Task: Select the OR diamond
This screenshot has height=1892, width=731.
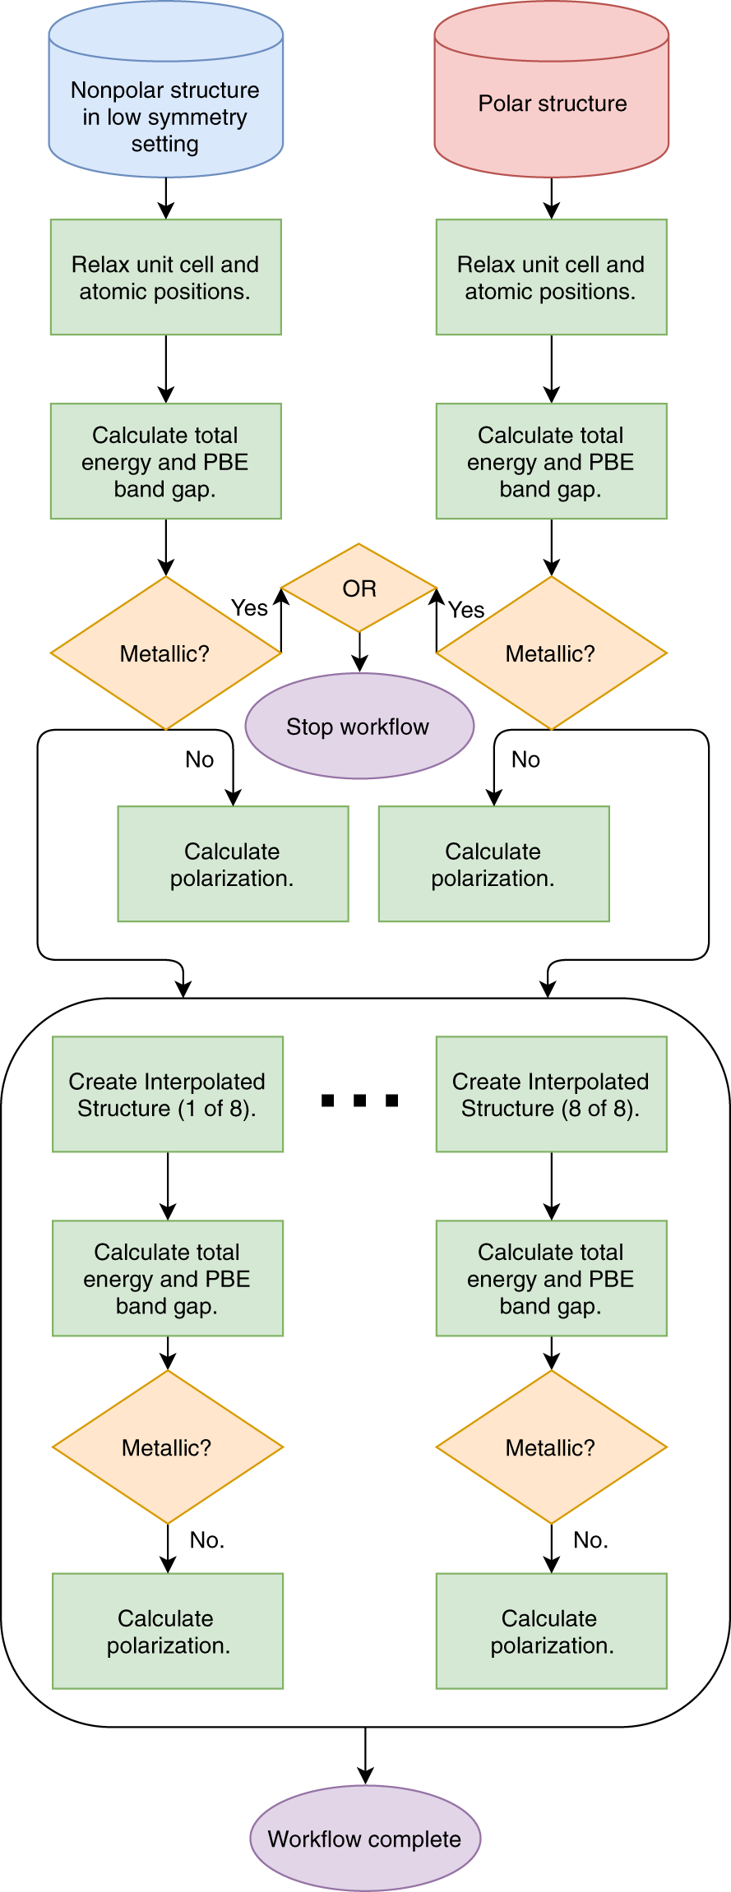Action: click(x=359, y=588)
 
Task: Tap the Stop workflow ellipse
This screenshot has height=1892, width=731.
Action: click(x=359, y=727)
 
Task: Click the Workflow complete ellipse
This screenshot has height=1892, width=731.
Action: click(x=365, y=1839)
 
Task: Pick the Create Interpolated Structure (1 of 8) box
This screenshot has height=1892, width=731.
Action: click(x=168, y=1094)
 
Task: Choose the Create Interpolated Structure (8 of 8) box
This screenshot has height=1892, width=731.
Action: click(x=551, y=1094)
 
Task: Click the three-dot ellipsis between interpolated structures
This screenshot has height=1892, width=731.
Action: click(x=359, y=1101)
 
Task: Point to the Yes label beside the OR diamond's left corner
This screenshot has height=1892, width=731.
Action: click(x=249, y=608)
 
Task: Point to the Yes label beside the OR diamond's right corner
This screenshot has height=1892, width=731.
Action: click(x=466, y=610)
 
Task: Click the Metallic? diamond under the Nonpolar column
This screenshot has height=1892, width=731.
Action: click(x=165, y=653)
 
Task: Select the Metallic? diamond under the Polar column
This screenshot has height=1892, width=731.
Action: click(x=551, y=653)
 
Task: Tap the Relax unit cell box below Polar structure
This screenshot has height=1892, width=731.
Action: click(x=551, y=277)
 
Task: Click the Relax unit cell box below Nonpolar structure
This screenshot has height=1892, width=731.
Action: click(x=165, y=277)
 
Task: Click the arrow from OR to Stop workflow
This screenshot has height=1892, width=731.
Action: click(x=359, y=653)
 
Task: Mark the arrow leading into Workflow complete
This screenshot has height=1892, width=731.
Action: click(x=365, y=1756)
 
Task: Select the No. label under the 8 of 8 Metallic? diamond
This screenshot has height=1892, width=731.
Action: click(x=590, y=1540)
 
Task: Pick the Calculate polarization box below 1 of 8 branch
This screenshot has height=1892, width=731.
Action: click(x=168, y=1631)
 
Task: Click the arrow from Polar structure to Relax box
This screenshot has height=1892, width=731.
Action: click(x=551, y=198)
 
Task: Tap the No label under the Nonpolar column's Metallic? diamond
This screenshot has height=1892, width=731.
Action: click(x=199, y=759)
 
